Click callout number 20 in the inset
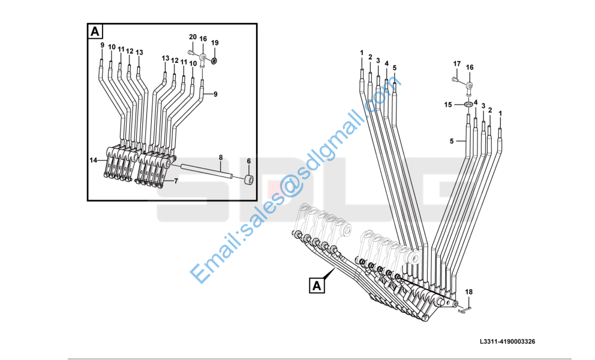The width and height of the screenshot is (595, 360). coord(193,37)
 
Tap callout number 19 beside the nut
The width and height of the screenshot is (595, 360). coord(215,43)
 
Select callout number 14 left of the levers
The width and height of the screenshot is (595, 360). coord(94,160)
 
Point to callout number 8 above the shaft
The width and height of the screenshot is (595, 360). coord(221,158)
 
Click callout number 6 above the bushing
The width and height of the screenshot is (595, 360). coord(249,161)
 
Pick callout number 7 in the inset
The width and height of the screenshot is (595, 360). coord(176,180)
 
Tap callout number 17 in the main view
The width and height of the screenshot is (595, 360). coord(456,64)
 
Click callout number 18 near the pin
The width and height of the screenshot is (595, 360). coord(469,292)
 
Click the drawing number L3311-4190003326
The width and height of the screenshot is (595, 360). coord(507,341)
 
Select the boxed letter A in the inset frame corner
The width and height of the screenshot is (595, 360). coord(96,31)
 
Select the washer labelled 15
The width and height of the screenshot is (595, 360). coord(467,105)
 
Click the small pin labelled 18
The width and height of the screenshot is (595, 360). coord(465,310)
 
